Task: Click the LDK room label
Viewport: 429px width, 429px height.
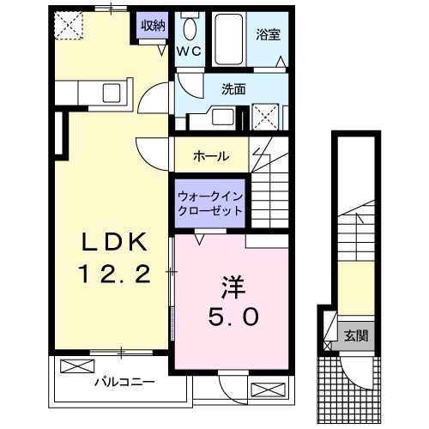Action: point(114,242)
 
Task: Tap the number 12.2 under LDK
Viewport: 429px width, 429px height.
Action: point(115,274)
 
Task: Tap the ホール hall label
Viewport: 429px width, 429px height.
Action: point(211,157)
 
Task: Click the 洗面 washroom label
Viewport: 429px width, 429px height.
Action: point(233,88)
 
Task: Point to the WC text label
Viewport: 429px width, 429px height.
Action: point(189,51)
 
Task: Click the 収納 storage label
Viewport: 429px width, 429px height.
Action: point(153,25)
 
